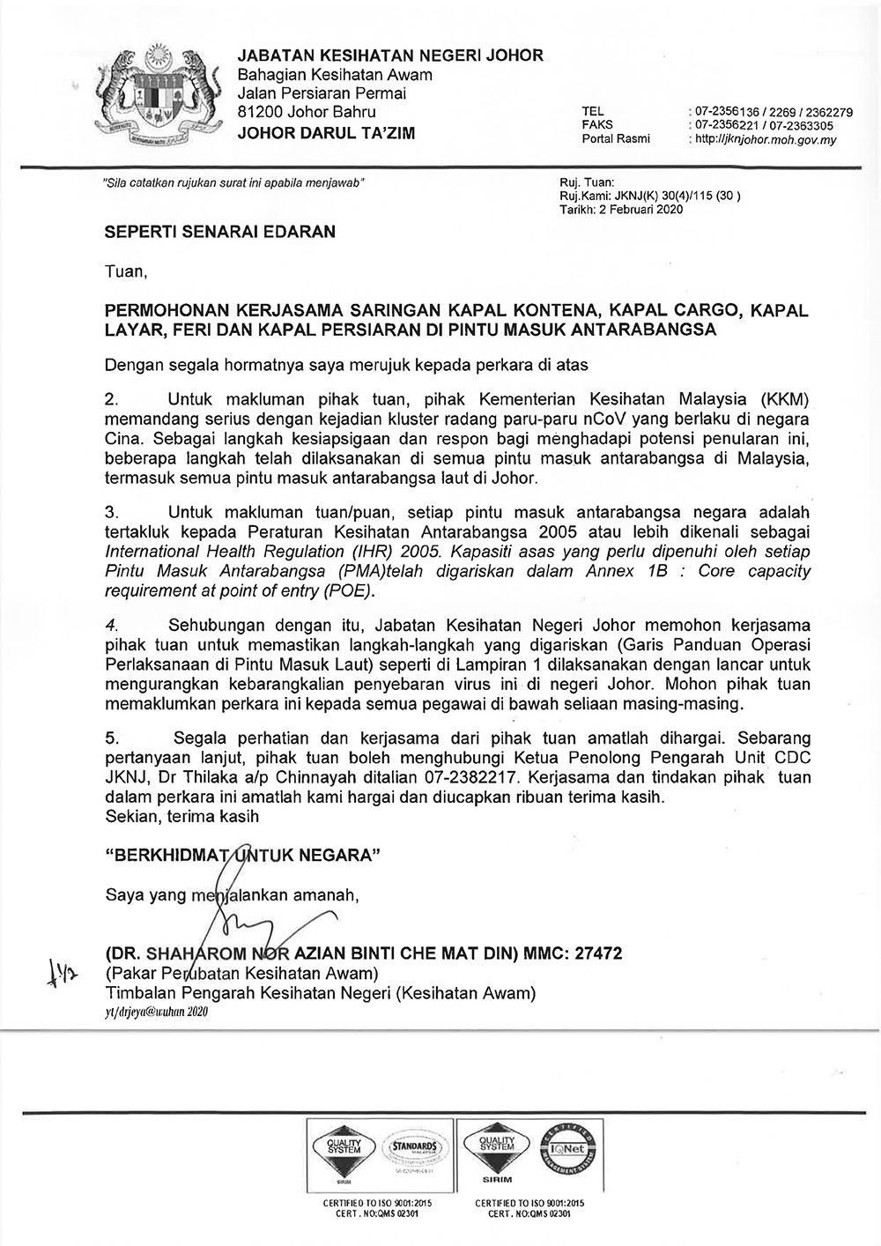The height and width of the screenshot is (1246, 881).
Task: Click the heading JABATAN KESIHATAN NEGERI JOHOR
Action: tap(390, 56)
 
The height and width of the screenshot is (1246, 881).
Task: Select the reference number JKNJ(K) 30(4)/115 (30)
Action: tap(669, 197)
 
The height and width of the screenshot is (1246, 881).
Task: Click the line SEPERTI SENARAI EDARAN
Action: tap(220, 233)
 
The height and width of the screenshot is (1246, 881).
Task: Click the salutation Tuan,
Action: tap(124, 271)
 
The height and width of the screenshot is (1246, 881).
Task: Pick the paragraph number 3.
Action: tap(111, 511)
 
